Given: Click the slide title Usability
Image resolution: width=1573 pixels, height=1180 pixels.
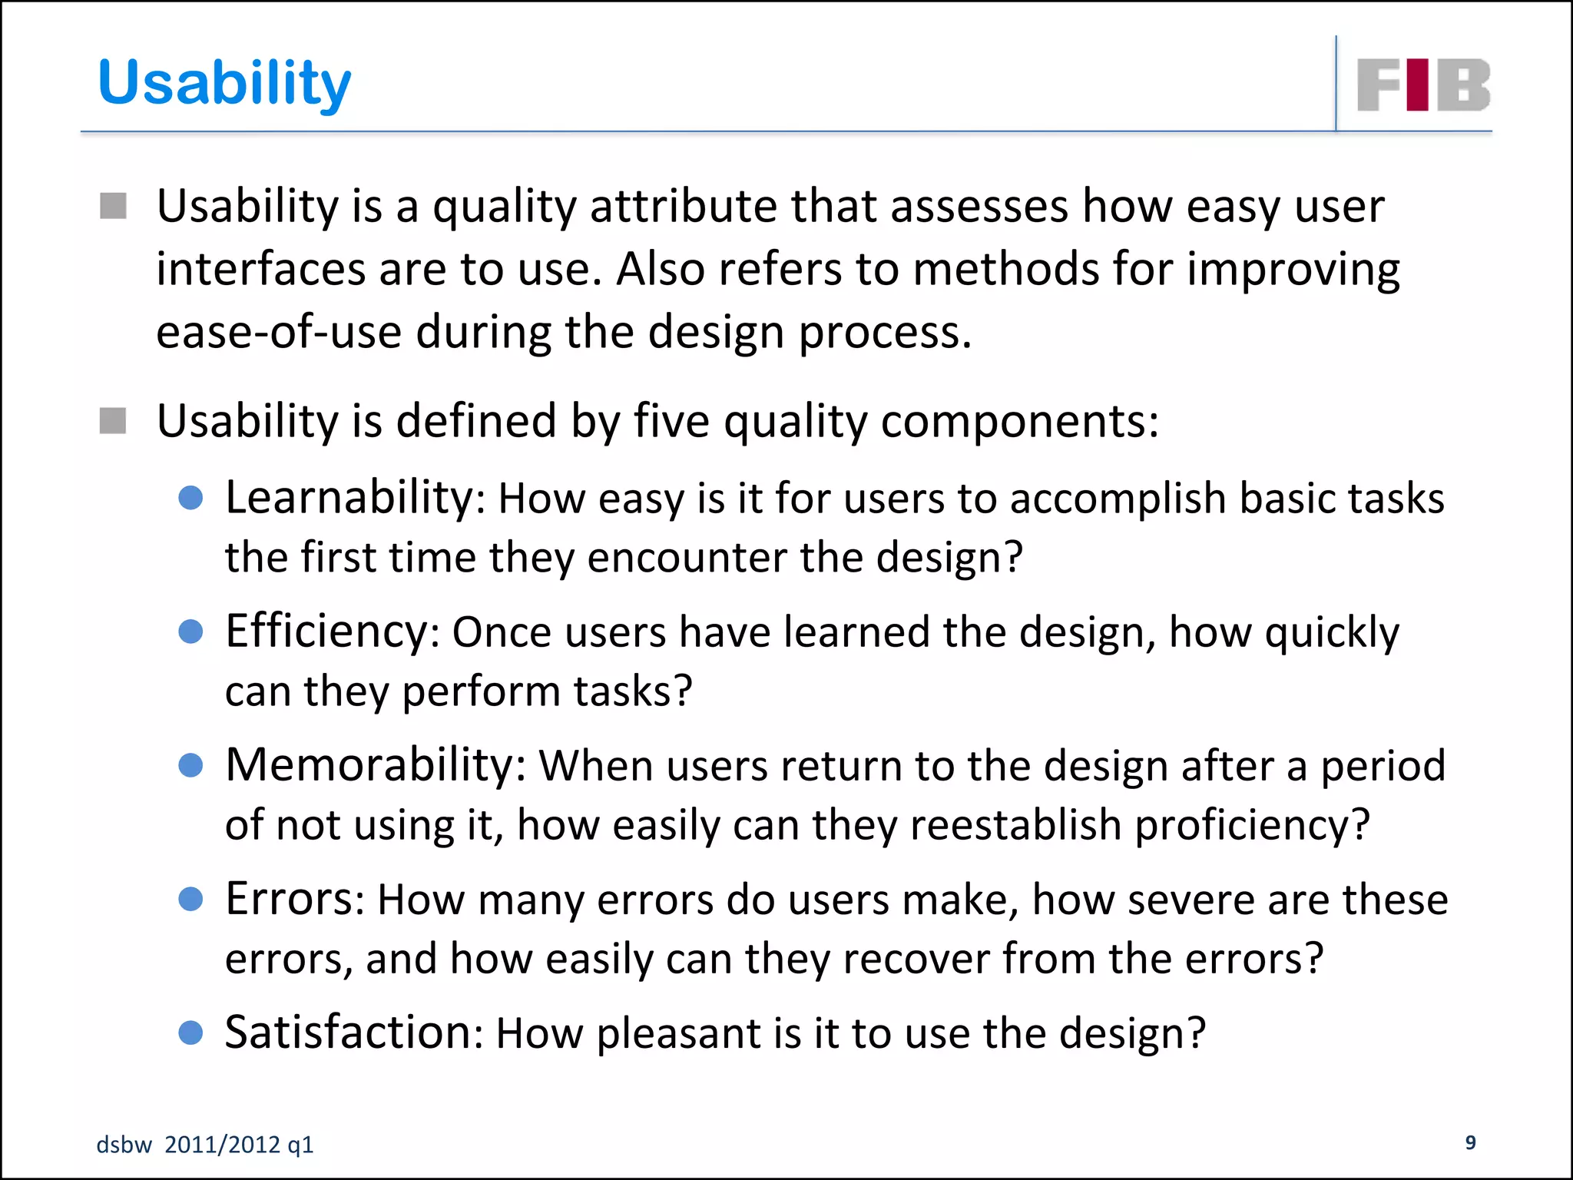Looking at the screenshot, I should [224, 83].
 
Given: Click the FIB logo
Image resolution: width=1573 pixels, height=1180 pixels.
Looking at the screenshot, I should [1423, 85].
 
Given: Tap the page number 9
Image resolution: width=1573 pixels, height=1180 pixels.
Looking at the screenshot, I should [1470, 1142].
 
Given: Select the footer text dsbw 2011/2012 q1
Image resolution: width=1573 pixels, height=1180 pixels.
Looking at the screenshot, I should [205, 1145].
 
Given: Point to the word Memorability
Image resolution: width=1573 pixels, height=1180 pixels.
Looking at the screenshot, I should [373, 765].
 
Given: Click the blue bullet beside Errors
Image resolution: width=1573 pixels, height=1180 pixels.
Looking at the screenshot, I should [190, 899].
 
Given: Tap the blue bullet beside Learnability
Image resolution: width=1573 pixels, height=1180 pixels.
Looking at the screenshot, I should [190, 498].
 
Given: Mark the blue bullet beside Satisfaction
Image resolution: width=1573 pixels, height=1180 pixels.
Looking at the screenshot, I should [190, 1032].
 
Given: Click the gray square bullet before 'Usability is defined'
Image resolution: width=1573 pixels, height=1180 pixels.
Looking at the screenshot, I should [113, 421].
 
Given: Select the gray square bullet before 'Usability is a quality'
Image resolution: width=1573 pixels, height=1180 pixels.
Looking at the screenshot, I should [113, 206].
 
